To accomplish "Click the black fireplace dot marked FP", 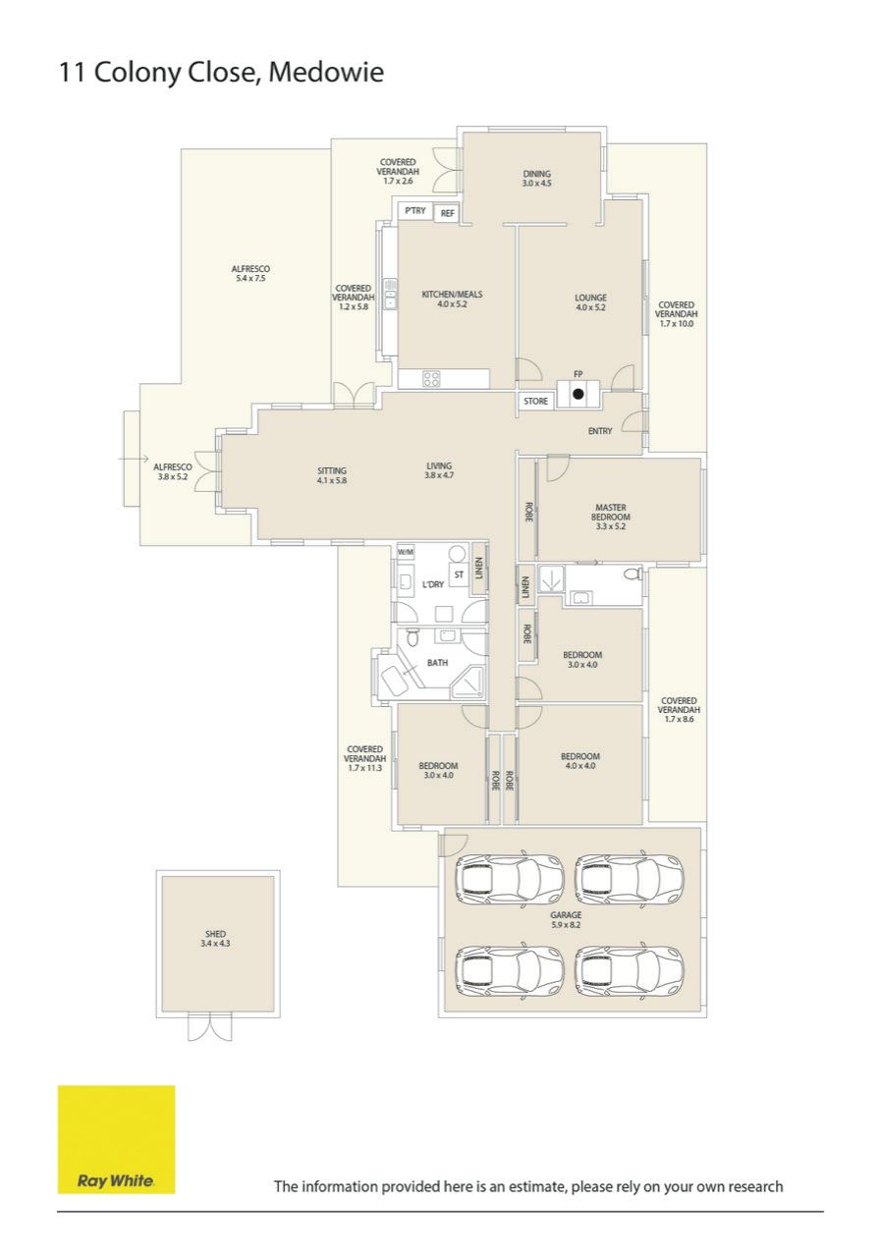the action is (578, 394).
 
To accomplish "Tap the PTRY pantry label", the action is (415, 210).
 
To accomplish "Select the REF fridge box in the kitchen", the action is (447, 213).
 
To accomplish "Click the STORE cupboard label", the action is (535, 402).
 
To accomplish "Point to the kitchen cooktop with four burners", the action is (431, 379).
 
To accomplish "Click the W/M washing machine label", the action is (406, 552).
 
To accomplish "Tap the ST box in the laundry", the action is (459, 574).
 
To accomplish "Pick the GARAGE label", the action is (566, 914).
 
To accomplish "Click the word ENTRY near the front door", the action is (600, 431).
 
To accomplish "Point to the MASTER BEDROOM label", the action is (611, 512).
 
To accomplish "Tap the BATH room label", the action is (438, 663).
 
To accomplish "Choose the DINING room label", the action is (537, 174).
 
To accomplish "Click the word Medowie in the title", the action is (326, 73).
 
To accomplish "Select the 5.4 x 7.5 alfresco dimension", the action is (250, 278).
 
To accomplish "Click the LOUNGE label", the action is (590, 298).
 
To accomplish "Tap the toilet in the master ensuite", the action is (632, 574).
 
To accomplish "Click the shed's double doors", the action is (210, 1027).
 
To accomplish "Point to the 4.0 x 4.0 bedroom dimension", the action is (580, 765).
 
